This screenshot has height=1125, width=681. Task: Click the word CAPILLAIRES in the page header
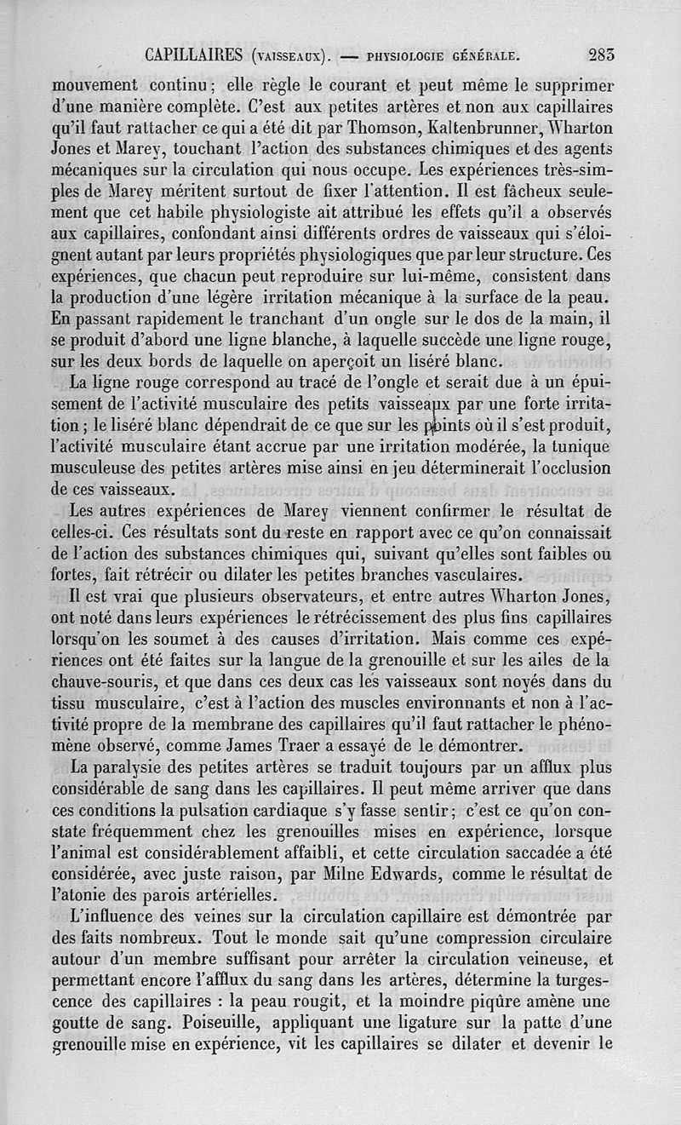(x=195, y=58)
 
